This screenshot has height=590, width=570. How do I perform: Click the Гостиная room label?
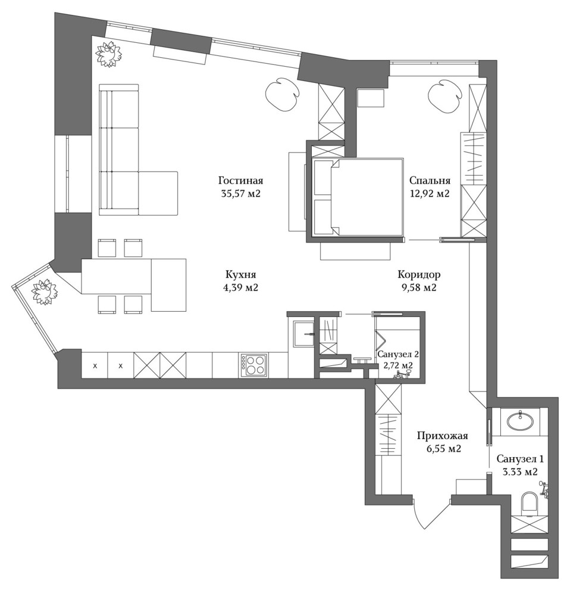240,181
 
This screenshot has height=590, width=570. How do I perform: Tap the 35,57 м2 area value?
241,194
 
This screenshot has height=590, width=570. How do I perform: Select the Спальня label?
430,181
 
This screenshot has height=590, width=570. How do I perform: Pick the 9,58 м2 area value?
419,288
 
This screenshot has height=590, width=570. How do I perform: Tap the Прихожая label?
442,436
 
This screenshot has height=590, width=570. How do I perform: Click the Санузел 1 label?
520,459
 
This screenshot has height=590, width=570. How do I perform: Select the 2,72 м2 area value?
398,365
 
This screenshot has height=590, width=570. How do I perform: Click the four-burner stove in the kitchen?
254,365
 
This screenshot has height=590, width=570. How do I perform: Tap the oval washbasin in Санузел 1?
519,421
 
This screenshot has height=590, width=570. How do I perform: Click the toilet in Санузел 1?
530,502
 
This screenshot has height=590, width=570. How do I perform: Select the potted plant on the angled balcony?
45,293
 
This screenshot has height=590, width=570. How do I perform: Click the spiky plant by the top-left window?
109,54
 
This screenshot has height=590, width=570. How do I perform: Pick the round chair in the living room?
282,94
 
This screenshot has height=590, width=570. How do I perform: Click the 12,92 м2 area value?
430,194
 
